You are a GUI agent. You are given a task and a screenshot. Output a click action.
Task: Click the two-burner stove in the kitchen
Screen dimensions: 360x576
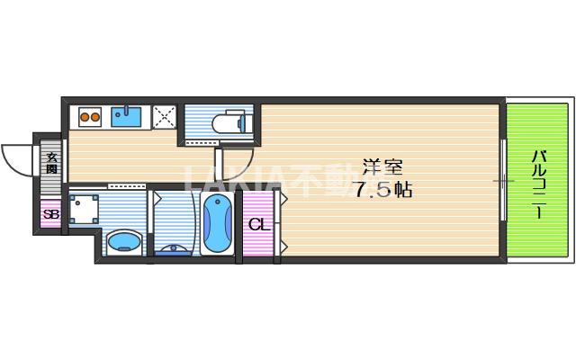click(90, 115)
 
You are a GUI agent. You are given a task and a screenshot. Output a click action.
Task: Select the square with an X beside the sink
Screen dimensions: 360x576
click(164, 116)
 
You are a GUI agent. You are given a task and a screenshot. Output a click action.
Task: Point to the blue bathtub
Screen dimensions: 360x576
click(217, 225)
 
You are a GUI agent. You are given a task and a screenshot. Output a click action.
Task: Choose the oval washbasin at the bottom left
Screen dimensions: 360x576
click(123, 241)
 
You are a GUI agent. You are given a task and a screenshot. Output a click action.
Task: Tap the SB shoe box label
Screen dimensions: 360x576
click(50, 214)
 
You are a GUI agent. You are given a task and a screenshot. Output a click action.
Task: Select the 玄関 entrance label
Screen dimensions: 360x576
click(51, 163)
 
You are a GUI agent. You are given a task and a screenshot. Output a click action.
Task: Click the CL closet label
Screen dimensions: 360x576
click(258, 224)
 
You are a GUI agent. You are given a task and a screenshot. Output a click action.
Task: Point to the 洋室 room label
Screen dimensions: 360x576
click(382, 167)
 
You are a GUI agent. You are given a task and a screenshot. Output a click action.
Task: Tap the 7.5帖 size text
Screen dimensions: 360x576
click(382, 190)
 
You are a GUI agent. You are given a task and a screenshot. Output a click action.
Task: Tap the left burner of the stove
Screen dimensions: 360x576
click(84, 115)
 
